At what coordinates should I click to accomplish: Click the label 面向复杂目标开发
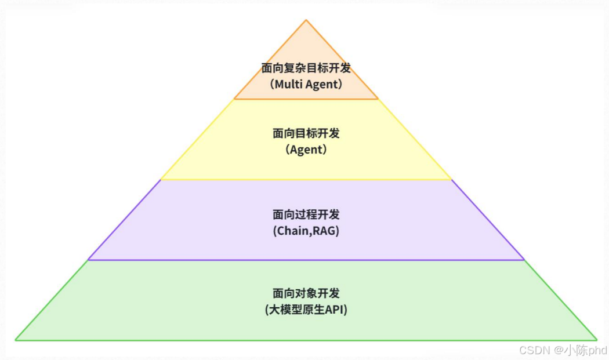point(306,68)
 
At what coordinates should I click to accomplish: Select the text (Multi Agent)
point(306,84)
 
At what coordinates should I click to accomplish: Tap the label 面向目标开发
point(306,133)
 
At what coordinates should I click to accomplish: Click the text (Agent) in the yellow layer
point(306,150)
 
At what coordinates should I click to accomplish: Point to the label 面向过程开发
point(306,214)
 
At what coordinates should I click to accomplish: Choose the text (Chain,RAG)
point(306,231)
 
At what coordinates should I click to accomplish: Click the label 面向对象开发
point(306,293)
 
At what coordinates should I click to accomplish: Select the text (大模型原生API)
point(306,310)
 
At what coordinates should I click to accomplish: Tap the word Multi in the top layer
point(288,84)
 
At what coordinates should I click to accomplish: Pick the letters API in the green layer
point(334,310)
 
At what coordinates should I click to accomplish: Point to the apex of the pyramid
point(306,20)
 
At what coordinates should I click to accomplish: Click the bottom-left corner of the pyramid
point(16,340)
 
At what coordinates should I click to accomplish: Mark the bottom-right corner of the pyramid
point(597,340)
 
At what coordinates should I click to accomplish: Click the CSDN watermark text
point(534,350)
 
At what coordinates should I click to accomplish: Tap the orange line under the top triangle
point(306,99)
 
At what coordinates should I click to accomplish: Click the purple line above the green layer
point(306,260)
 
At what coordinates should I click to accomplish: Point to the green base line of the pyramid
point(306,340)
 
